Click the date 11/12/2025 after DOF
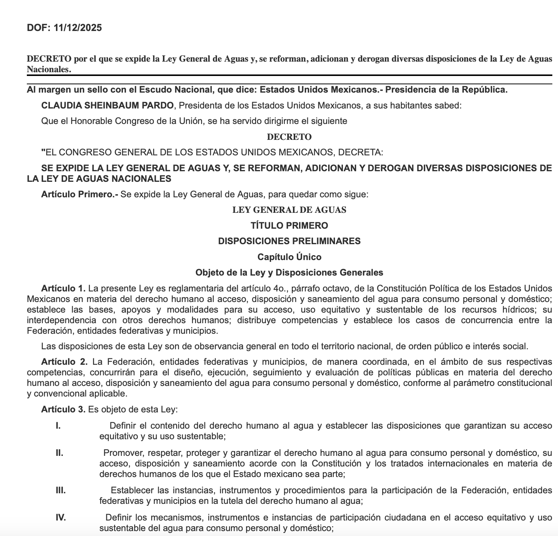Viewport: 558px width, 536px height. [78, 28]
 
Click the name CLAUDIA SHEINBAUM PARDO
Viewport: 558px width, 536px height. [107, 105]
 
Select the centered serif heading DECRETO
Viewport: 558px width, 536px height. [289, 137]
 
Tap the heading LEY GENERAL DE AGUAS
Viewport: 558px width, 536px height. [289, 210]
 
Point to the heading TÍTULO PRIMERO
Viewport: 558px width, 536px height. [289, 226]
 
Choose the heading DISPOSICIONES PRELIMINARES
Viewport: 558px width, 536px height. [289, 241]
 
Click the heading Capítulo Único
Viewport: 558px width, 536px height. [289, 257]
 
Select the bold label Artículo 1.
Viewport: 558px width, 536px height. [64, 288]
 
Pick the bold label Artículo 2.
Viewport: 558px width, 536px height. [64, 362]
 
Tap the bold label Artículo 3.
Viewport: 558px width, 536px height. [64, 409]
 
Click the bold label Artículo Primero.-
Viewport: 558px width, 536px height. [80, 194]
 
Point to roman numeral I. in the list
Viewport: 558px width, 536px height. [58, 426]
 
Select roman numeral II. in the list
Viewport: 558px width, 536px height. [59, 453]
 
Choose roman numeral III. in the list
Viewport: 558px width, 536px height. [60, 491]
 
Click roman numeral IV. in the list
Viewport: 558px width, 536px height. [60, 517]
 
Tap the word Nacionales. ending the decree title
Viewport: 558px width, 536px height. [49, 70]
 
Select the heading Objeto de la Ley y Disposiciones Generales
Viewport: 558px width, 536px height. [289, 273]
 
